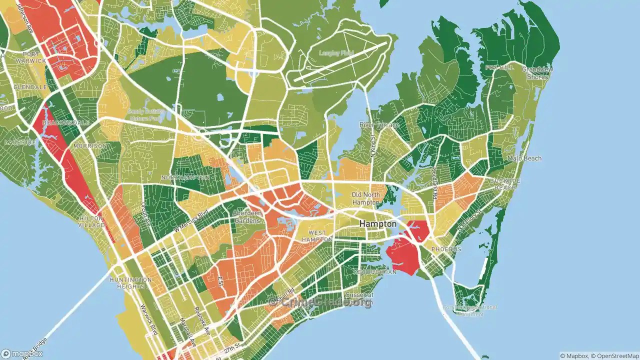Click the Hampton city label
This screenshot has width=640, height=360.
click(377, 224)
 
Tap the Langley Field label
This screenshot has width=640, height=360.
click(336, 52)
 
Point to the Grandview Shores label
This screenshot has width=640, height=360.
click(537, 73)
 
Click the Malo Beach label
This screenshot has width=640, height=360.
click(524, 158)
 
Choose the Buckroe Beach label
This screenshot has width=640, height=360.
click(505, 184)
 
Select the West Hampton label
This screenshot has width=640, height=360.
click(317, 236)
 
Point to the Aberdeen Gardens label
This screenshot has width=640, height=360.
click(246, 217)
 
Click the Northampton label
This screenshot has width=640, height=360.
click(185, 177)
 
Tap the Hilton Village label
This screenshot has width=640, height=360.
click(91, 222)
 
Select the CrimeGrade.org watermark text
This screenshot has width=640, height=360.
click(320, 302)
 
